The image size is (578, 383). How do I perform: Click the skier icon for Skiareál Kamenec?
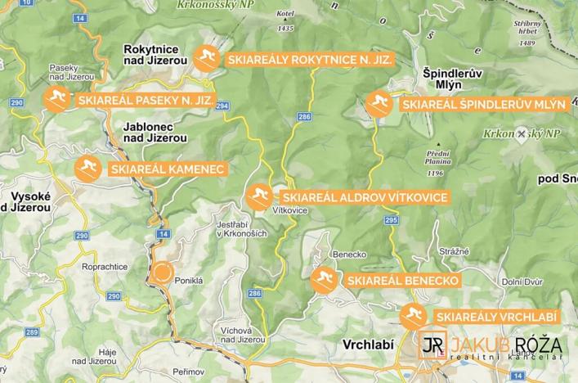click(87, 169)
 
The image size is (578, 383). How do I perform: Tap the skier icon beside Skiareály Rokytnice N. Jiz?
click(206, 59)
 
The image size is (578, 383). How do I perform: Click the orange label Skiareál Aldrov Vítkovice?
click(363, 198)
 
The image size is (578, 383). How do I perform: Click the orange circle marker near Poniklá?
click(162, 273)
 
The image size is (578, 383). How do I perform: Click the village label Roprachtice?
click(105, 267)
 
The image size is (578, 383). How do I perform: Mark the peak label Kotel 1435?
click(285, 21)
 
